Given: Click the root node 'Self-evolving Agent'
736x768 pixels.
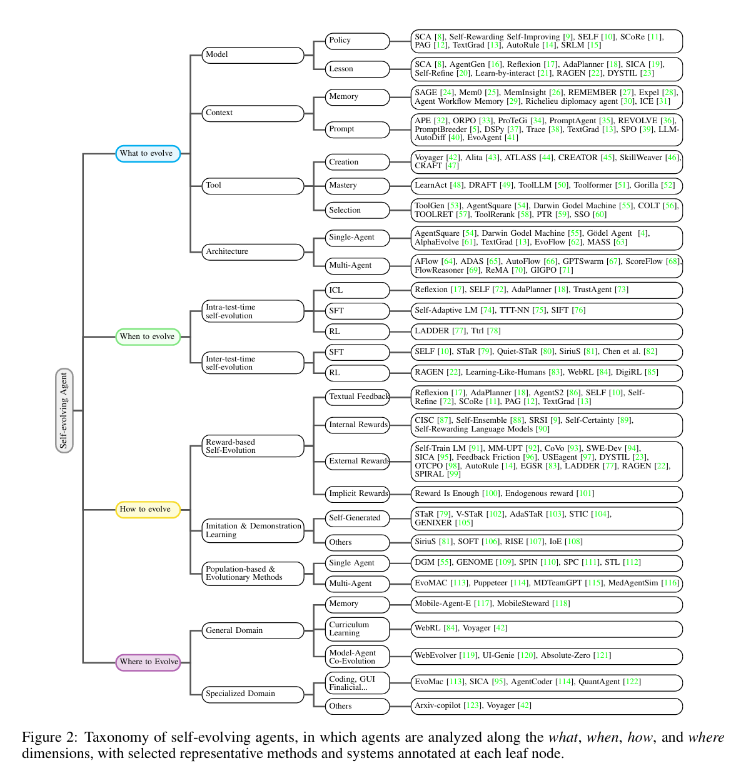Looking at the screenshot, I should pyautogui.click(x=64, y=410).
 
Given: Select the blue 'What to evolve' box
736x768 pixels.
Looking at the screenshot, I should pyautogui.click(x=148, y=153).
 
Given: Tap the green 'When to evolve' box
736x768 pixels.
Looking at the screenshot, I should pyautogui.click(x=148, y=336).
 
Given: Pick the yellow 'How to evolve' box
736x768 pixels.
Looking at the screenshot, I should pyautogui.click(x=148, y=510).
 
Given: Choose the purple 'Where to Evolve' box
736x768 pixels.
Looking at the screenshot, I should pyautogui.click(x=148, y=662).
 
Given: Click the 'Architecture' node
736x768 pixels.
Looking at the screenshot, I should pyautogui.click(x=253, y=251).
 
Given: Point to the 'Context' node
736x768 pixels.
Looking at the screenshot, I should pyautogui.click(x=253, y=113).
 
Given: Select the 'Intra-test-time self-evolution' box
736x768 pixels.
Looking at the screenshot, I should pyautogui.click(x=253, y=311).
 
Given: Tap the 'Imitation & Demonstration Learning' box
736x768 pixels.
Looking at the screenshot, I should pyautogui.click(x=253, y=530).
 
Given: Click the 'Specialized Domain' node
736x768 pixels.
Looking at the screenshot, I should pyautogui.click(x=253, y=694).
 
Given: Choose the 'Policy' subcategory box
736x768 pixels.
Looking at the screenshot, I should pyautogui.click(x=357, y=41).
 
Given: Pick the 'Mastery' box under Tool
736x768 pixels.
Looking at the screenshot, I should pyautogui.click(x=357, y=186).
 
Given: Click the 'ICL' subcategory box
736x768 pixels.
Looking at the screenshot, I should pyautogui.click(x=357, y=290).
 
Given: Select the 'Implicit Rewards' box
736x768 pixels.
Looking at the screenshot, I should pyautogui.click(x=358, y=493).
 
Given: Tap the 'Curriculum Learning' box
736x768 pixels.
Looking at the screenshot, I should pyautogui.click(x=357, y=629).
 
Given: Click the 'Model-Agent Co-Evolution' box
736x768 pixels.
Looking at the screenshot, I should pyautogui.click(x=357, y=657).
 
